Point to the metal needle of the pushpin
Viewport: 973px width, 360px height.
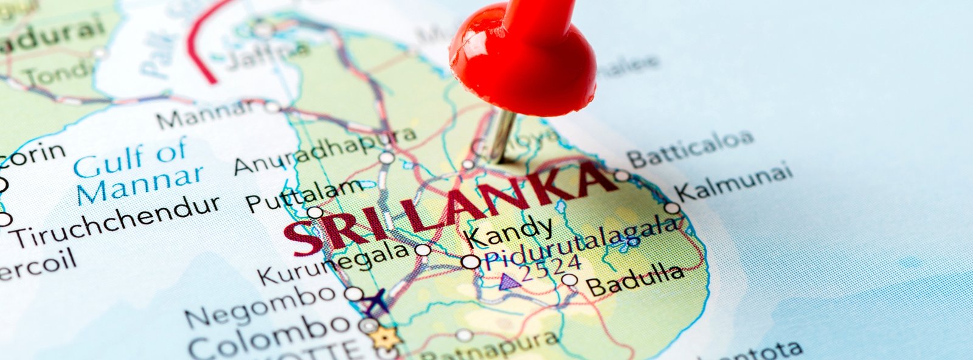click(x=502, y=136)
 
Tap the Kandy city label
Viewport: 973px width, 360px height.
click(x=510, y=230)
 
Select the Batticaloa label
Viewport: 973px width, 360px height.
click(x=690, y=148)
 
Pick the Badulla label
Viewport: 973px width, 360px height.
click(x=634, y=279)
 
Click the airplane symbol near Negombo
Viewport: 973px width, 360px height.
click(x=376, y=300)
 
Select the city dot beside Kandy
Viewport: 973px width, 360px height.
click(x=470, y=262)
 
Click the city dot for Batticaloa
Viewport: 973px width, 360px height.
click(x=622, y=175)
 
